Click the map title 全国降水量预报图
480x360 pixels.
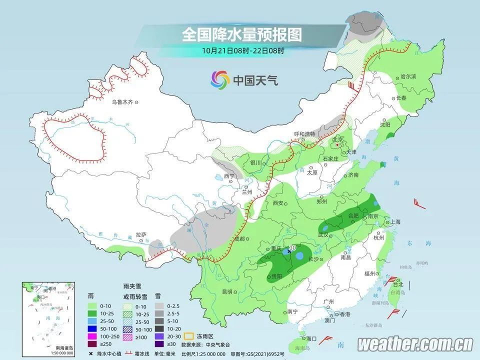tap(242, 34)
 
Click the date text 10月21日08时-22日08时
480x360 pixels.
tap(243, 50)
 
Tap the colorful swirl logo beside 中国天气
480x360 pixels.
tap(220, 79)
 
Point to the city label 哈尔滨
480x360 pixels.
tap(408, 77)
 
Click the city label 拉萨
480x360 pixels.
tap(141, 234)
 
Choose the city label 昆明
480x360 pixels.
tap(227, 291)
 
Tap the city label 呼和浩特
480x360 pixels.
tap(304, 134)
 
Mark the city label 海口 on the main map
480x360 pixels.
tap(311, 338)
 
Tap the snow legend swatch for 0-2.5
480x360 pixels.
tap(158, 304)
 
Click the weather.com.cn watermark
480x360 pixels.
tap(415, 344)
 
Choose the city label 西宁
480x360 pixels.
tap(229, 176)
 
